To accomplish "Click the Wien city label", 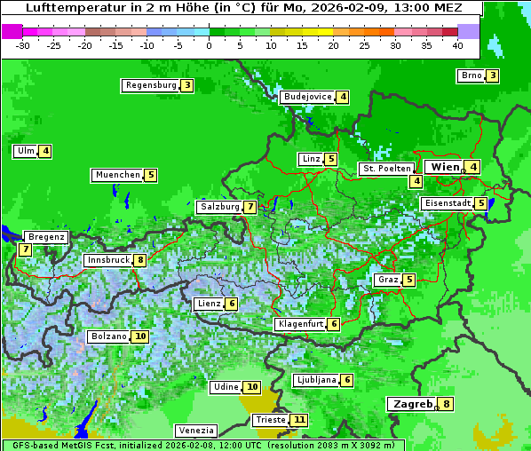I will [x=445, y=167].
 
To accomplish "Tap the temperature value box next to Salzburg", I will [x=251, y=207].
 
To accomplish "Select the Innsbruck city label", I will [x=107, y=260].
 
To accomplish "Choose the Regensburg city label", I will [x=150, y=85].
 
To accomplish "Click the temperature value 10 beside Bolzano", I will [x=140, y=336].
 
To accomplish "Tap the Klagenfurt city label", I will [x=299, y=324].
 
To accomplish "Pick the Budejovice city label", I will [x=307, y=97].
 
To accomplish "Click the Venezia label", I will [x=194, y=430].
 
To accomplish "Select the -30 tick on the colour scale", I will [x=23, y=45].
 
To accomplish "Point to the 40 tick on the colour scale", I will [x=457, y=45].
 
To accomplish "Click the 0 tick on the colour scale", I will [x=210, y=45].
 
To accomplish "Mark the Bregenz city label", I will [x=46, y=237].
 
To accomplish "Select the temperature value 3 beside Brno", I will [x=492, y=76].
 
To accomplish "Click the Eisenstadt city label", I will [x=447, y=203].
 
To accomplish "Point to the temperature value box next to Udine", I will [x=252, y=387].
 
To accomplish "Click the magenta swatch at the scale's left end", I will [x=12, y=31].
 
